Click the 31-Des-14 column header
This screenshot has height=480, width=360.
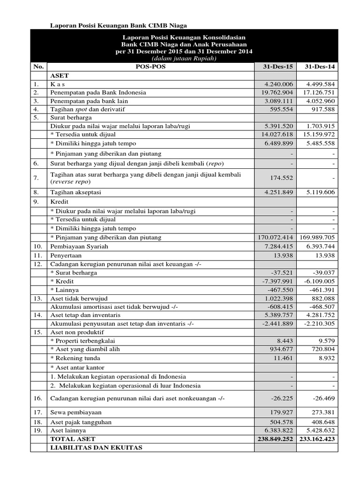pyautogui.click(x=316, y=67)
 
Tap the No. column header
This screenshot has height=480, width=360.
pyautogui.click(x=37, y=67)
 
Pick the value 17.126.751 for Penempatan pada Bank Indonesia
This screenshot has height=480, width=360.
pyautogui.click(x=316, y=92)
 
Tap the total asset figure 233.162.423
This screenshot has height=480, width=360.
pyautogui.click(x=316, y=439)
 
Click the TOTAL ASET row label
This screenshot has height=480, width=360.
pyautogui.click(x=73, y=439)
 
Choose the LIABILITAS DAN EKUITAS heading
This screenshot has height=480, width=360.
pyautogui.click(x=90, y=448)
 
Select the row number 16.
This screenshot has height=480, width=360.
pyautogui.click(x=37, y=398)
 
